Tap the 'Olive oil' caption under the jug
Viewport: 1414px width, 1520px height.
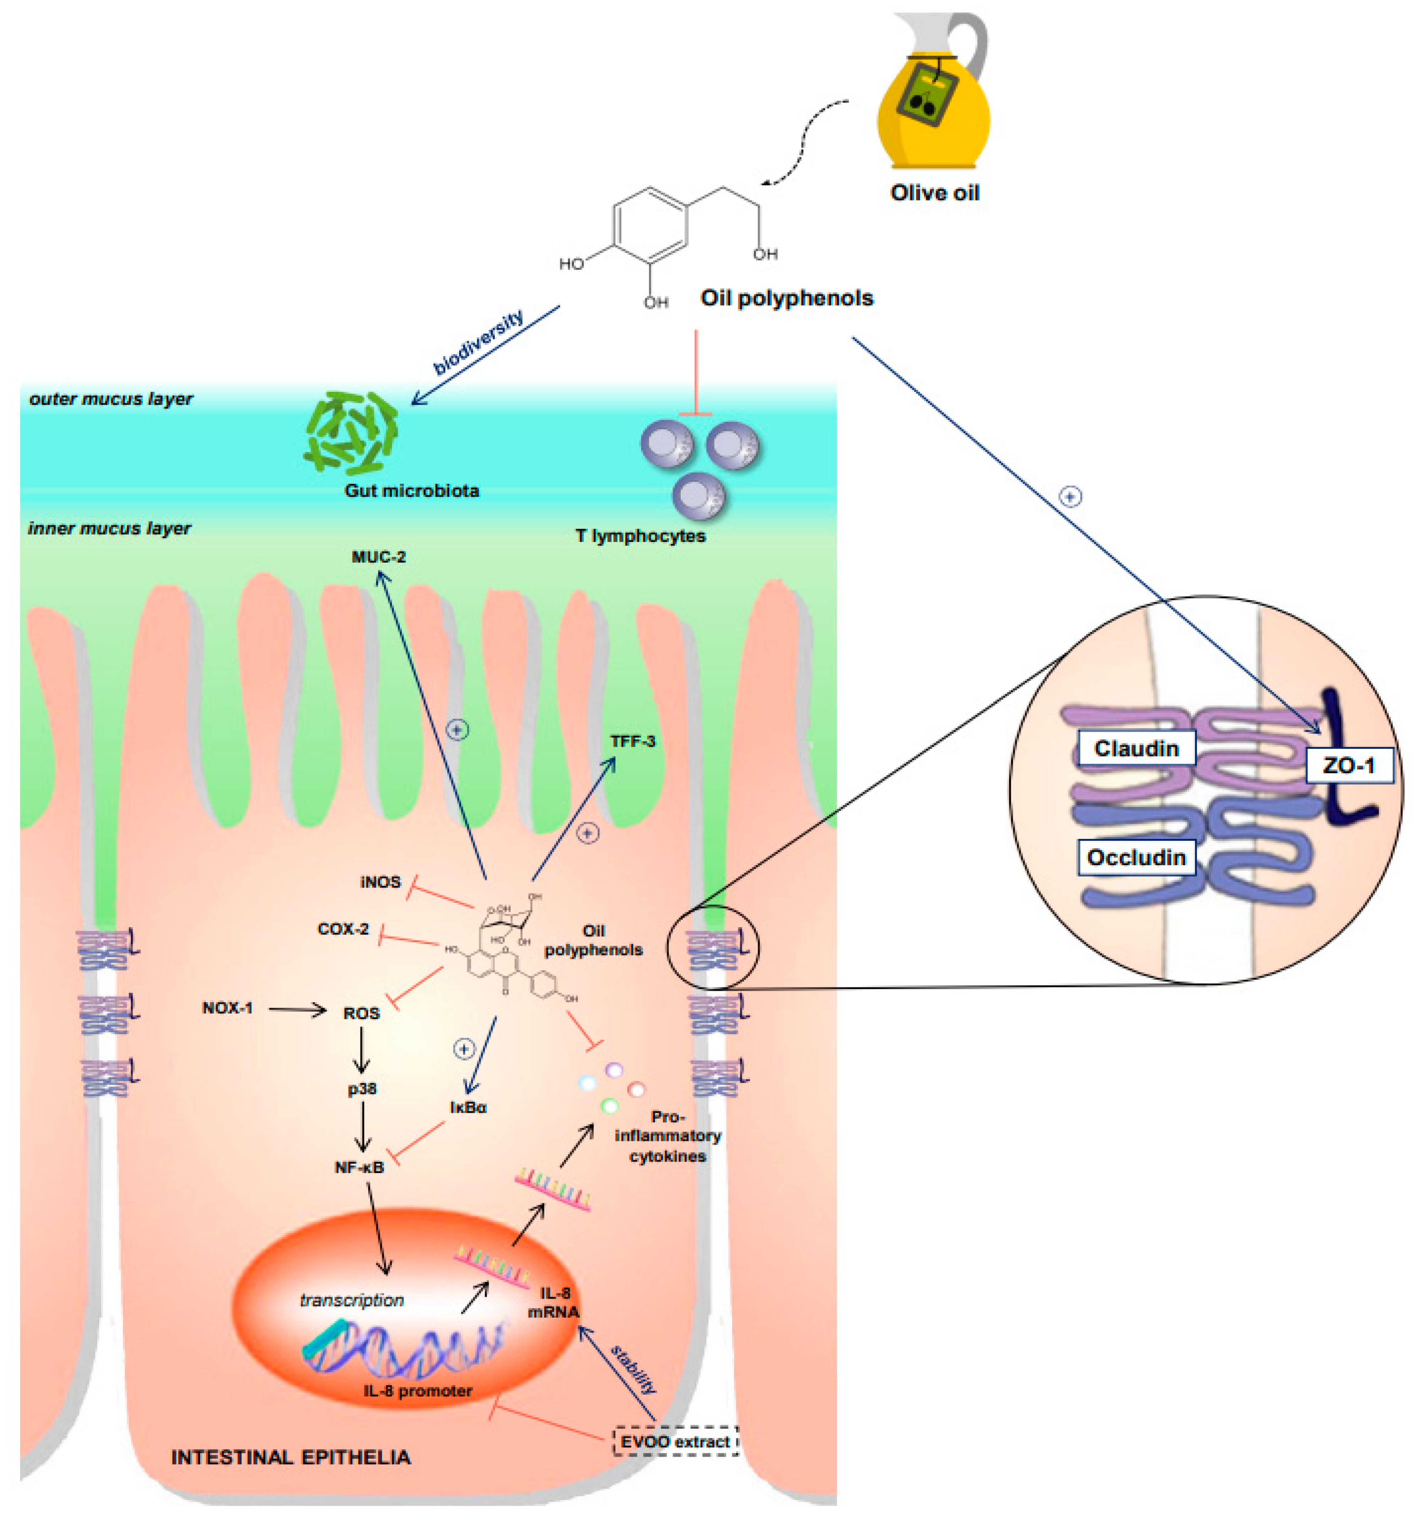coord(934,193)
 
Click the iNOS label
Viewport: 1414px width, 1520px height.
coord(380,882)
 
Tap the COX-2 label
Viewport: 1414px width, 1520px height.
coord(343,929)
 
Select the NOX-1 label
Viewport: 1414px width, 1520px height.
coord(227,1008)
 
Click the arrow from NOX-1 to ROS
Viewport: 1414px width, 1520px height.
coord(297,1010)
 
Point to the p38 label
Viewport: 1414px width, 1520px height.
coord(362,1088)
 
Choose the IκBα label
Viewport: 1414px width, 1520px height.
coord(468,1107)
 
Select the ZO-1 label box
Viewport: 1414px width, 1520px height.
coord(1348,764)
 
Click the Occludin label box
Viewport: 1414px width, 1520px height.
coord(1136,857)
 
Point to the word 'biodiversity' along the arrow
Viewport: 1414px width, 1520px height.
coord(479,342)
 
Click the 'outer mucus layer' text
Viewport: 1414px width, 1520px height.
coord(111,398)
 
